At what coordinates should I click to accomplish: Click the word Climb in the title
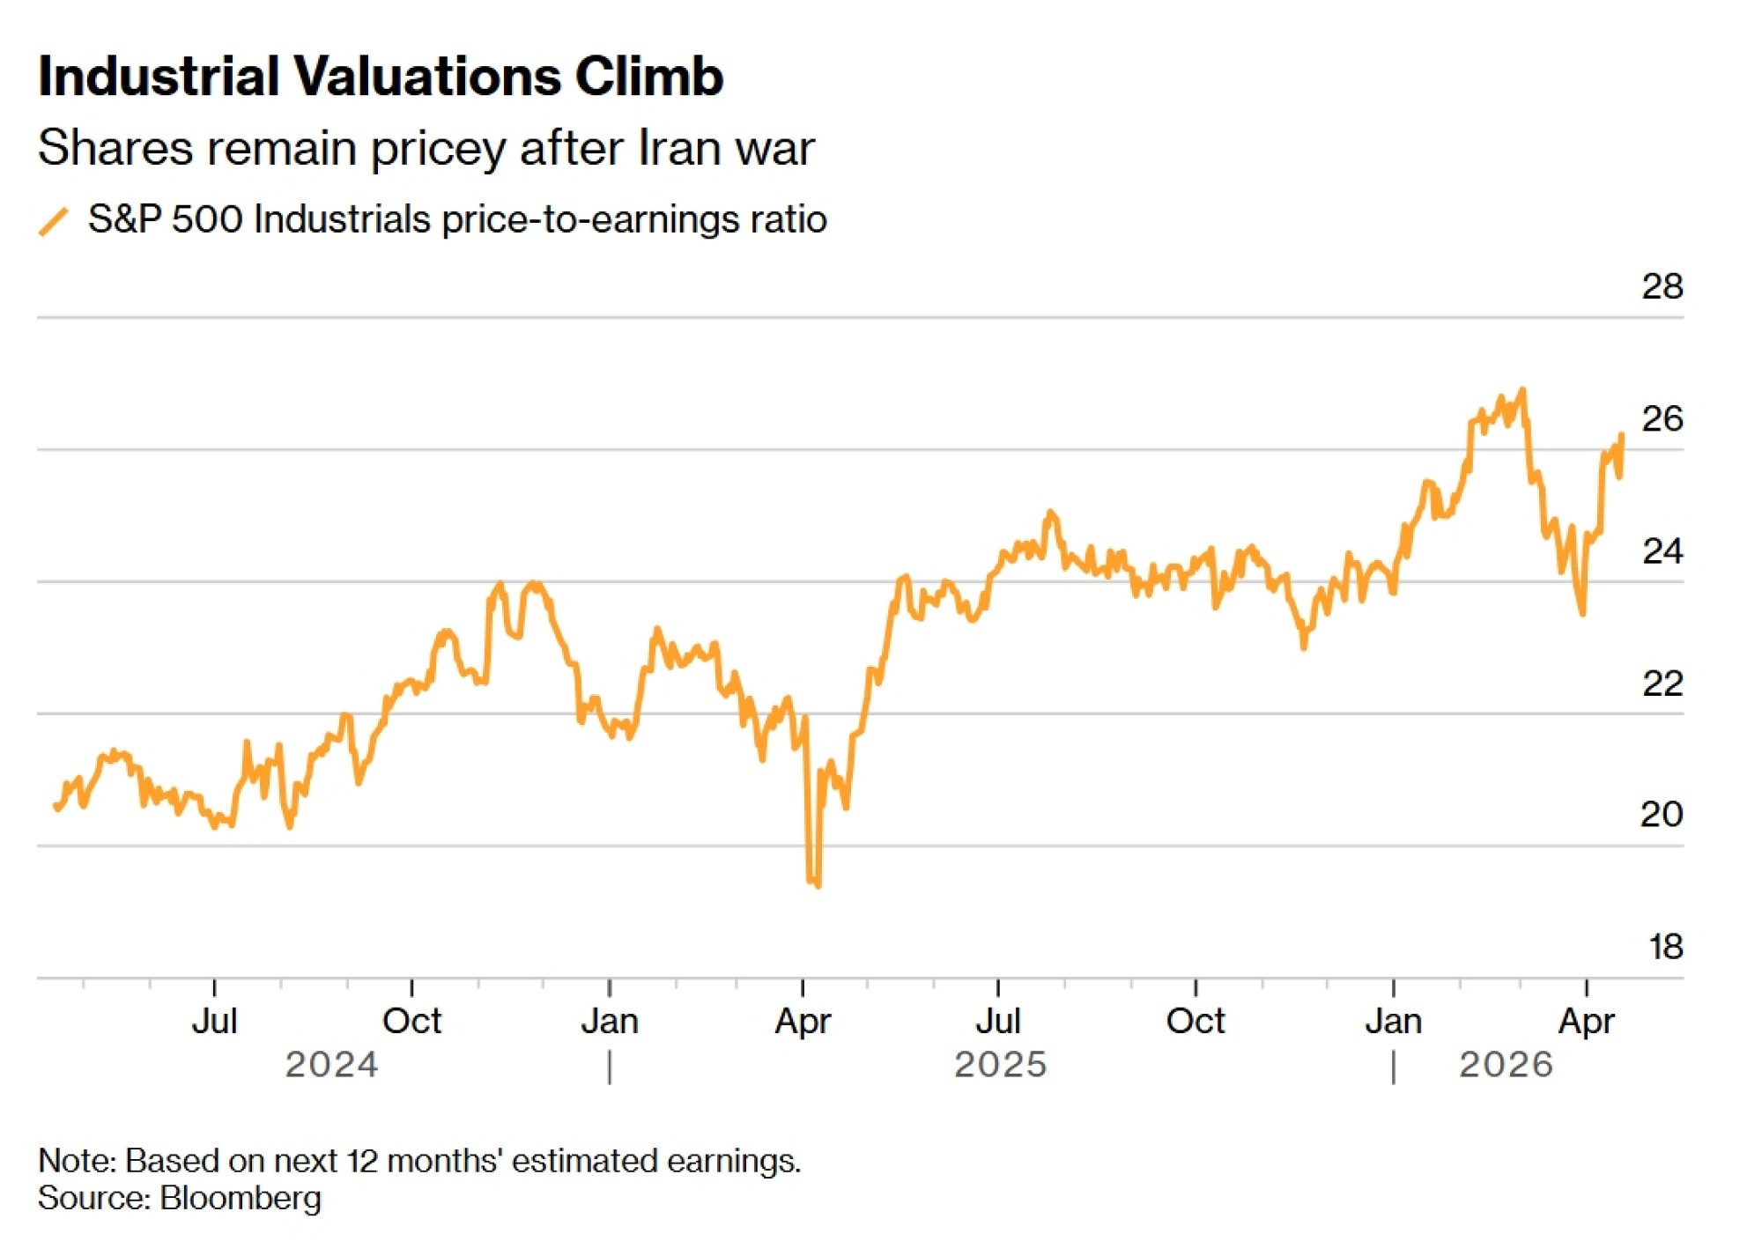point(648,77)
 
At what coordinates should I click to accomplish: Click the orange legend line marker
point(54,221)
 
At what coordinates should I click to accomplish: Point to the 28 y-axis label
point(1662,287)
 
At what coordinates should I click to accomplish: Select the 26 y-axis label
point(1662,419)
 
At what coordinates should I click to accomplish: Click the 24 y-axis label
point(1662,552)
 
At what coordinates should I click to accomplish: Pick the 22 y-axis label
point(1662,684)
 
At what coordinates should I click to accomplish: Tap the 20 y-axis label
point(1662,815)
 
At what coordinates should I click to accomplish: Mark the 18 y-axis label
point(1665,948)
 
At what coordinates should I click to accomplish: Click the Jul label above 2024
point(214,1022)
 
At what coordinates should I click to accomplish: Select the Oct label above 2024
point(411,1022)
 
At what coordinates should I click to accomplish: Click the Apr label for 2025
point(803,1022)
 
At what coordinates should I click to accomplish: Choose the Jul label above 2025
point(998,1022)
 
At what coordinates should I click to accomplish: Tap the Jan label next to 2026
point(1393,1022)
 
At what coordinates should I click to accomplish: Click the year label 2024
point(331,1065)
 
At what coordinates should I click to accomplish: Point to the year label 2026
point(1506,1065)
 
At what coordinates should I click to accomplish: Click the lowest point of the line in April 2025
point(818,885)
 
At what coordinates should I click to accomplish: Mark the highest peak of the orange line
point(1522,389)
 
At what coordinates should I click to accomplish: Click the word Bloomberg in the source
point(241,1199)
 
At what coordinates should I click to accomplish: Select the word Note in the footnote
point(76,1161)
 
